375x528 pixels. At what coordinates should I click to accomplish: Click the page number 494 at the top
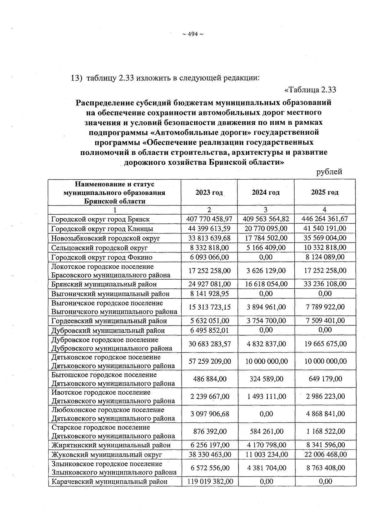[x=193, y=34]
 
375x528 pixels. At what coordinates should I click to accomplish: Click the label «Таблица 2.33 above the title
[x=310, y=90]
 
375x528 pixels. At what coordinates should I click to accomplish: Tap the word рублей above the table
[x=329, y=172]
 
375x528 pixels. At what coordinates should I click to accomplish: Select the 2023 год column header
[x=209, y=192]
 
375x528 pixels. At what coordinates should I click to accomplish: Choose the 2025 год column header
[x=325, y=192]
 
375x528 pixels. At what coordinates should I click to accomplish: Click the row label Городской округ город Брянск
[x=100, y=219]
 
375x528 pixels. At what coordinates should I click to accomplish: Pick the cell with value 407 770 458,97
[x=209, y=219]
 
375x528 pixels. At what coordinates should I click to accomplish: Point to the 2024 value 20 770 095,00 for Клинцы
[x=266, y=229]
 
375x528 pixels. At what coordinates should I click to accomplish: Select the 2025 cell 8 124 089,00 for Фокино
[x=325, y=257]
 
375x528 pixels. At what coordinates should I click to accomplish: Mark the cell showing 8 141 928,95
[x=209, y=294]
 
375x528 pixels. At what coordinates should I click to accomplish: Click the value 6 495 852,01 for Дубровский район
[x=209, y=330]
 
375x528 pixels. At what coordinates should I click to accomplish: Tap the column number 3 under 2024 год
[x=266, y=210]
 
